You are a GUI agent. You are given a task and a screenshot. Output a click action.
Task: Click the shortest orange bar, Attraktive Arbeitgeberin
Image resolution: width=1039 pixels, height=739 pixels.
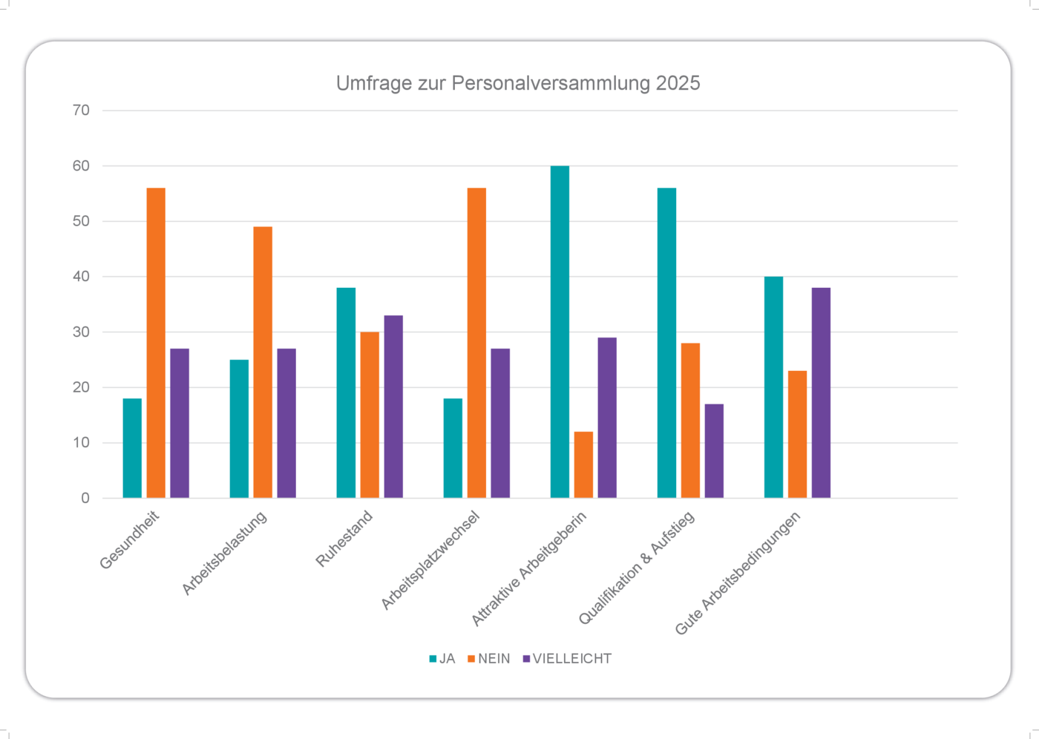click(x=583, y=464)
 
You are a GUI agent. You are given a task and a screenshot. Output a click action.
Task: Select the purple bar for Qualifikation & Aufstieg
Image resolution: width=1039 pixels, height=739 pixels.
click(x=714, y=451)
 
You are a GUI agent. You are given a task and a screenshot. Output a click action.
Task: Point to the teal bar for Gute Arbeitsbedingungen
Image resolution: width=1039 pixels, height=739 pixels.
click(x=773, y=387)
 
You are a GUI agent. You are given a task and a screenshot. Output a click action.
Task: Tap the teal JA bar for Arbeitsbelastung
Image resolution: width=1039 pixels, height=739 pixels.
click(x=239, y=429)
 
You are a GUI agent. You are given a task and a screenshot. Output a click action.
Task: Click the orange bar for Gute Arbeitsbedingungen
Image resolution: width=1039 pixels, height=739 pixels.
click(x=797, y=434)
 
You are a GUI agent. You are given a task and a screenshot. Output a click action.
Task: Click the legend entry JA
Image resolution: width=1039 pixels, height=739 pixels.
click(x=443, y=659)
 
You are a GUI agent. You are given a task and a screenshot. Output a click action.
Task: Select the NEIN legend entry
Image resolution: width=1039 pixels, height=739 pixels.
click(x=489, y=659)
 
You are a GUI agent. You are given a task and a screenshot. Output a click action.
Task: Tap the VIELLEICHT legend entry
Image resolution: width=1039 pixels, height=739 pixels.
click(x=568, y=659)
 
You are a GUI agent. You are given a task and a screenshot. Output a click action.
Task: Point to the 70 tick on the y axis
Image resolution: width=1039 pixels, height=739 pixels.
click(x=81, y=111)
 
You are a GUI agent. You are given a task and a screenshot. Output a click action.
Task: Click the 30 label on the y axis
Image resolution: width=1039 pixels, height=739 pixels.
click(x=81, y=332)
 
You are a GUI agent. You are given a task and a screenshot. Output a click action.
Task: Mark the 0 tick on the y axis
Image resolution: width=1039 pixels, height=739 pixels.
click(x=85, y=498)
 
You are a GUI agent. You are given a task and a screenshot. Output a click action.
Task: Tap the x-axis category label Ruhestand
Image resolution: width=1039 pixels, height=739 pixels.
click(x=344, y=539)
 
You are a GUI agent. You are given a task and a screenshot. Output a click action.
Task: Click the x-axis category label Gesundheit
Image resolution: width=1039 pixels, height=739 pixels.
click(x=130, y=540)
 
